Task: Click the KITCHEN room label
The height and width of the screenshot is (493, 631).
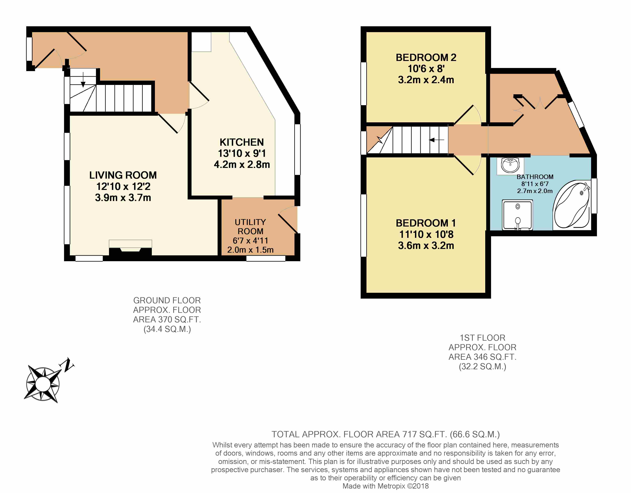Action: point(242,142)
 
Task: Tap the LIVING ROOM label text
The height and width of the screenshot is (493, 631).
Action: point(123,175)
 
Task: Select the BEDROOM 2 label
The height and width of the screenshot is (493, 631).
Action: point(426,57)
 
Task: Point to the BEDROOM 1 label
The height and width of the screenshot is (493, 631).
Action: point(426,223)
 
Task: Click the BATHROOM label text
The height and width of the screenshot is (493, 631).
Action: point(535,177)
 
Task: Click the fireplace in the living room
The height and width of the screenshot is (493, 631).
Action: point(130,248)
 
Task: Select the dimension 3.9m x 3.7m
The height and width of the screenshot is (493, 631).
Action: point(123,198)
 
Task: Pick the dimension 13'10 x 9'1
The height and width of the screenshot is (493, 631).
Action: point(242,153)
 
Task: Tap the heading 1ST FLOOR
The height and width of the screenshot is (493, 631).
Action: point(482,338)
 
